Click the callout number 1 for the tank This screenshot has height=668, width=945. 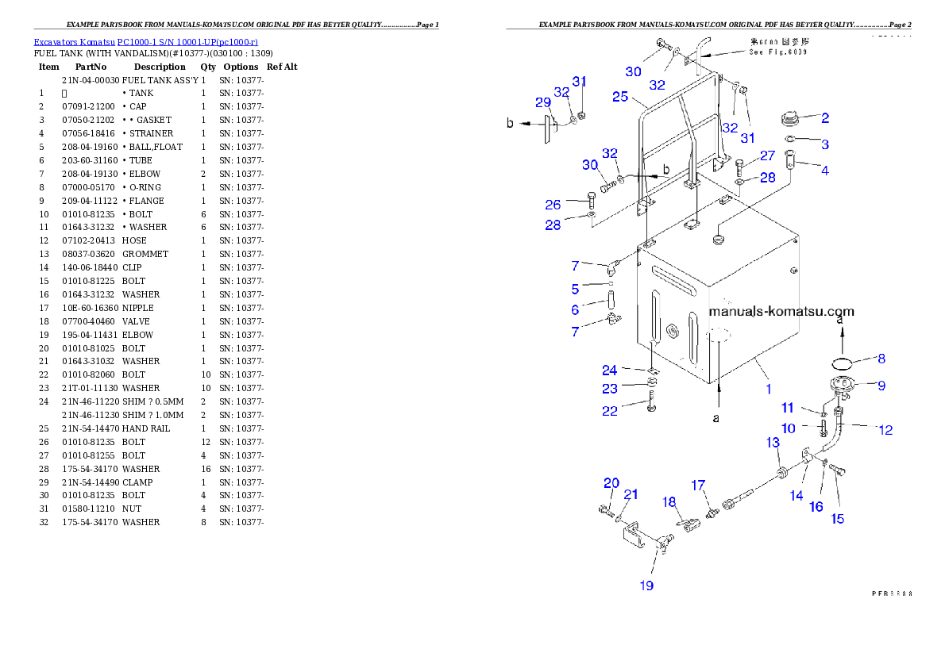(x=768, y=390)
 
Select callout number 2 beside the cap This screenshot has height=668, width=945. (x=825, y=118)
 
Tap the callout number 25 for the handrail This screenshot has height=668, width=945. (x=620, y=97)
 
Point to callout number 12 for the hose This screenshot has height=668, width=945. (x=885, y=430)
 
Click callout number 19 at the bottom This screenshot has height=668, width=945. (x=646, y=585)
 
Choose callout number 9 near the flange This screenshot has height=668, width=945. (x=881, y=386)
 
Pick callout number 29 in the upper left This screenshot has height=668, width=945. (x=543, y=103)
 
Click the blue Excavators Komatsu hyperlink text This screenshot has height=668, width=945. (x=145, y=41)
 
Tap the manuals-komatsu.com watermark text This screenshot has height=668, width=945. (x=781, y=311)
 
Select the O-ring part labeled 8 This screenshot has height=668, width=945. (x=843, y=363)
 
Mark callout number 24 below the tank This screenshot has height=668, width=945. (x=609, y=370)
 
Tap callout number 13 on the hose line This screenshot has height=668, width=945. (x=773, y=443)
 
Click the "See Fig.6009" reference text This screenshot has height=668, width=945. (x=778, y=52)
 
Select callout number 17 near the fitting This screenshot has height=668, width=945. (x=697, y=485)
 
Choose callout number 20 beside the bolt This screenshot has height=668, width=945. (x=611, y=483)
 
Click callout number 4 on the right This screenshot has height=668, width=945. (x=825, y=171)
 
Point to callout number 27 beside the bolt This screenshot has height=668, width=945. (x=767, y=156)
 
